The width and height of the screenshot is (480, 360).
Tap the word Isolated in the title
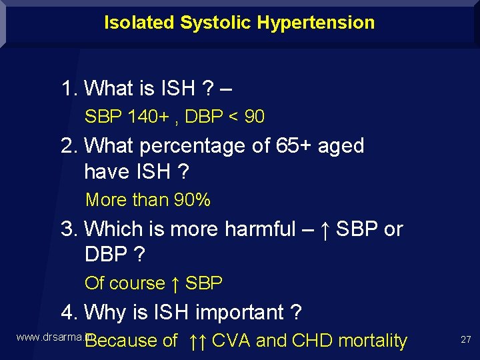coord(139,23)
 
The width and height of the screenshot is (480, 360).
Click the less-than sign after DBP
coord(233,117)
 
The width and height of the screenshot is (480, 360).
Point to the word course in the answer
coord(137,283)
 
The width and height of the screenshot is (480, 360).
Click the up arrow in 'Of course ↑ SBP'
coord(175,283)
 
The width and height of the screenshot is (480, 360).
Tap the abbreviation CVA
coord(231,341)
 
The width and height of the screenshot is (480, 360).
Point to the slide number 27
coord(465,340)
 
